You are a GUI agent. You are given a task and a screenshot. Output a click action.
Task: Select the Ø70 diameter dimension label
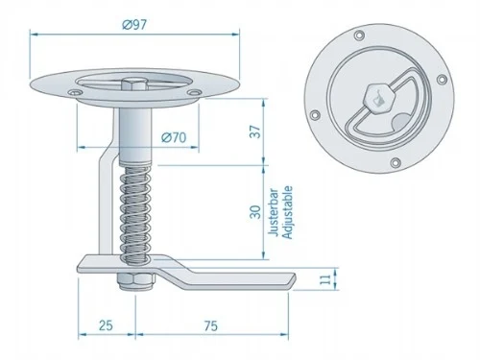coord(173,137)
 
